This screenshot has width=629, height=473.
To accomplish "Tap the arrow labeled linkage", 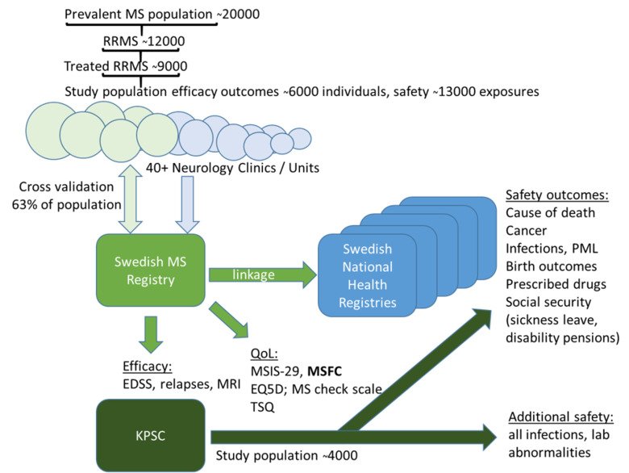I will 256,275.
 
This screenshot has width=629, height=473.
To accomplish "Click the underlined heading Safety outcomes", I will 551,195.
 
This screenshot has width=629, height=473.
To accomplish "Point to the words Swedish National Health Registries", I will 356,277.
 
